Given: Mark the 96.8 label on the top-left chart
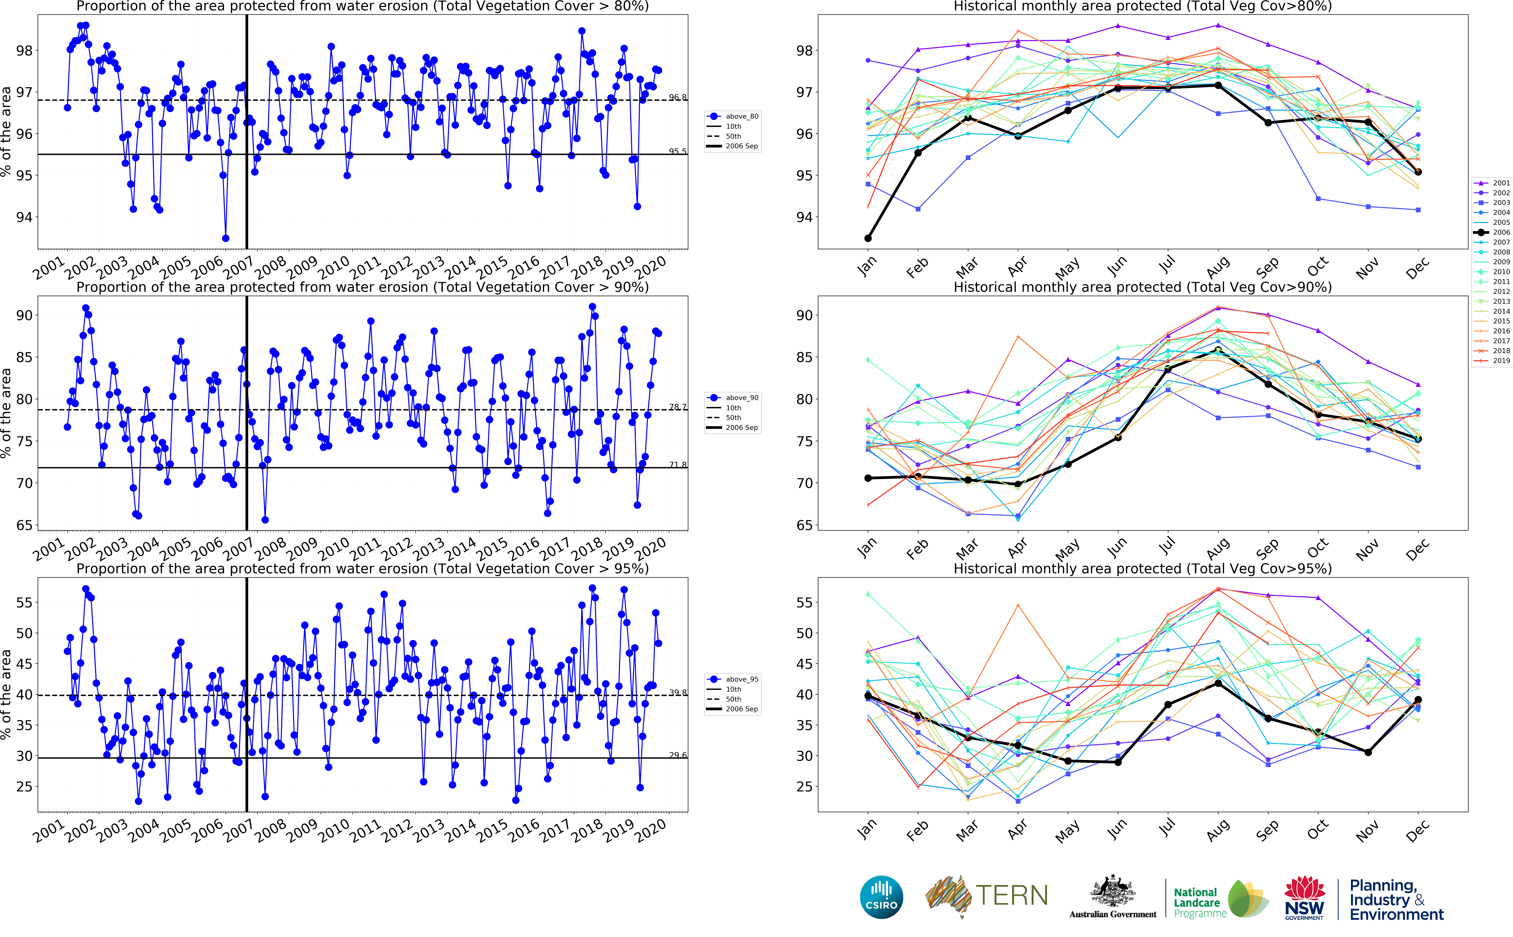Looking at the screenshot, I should tap(677, 97).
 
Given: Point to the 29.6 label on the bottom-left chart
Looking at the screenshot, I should tap(677, 755).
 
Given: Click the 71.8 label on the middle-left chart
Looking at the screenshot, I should tap(677, 465).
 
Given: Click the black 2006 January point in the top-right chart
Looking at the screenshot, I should tap(868, 238).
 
